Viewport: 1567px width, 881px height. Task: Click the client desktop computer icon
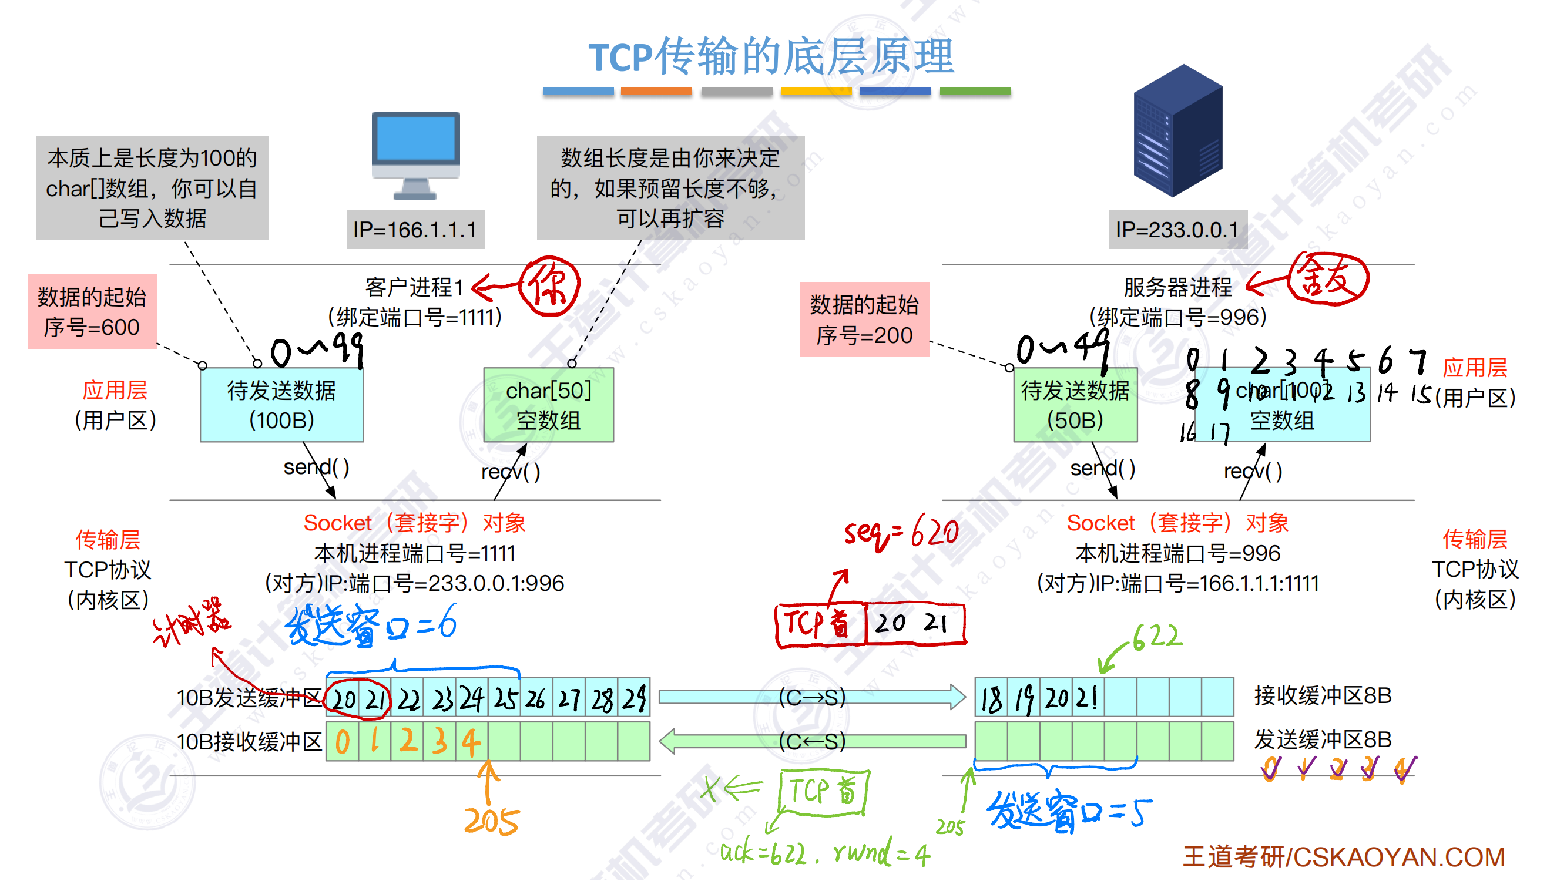(x=416, y=155)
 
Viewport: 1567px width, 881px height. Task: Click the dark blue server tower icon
(x=1177, y=131)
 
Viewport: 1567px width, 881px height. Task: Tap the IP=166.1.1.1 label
(x=415, y=230)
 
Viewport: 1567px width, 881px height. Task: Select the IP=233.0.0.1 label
(x=1177, y=230)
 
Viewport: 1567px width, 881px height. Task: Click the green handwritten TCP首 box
(x=824, y=792)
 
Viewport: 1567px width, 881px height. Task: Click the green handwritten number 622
(x=1157, y=637)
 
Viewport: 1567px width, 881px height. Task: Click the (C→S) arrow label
(x=812, y=698)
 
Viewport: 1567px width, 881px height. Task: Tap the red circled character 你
(x=549, y=286)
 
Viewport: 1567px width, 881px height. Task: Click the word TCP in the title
(x=620, y=58)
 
